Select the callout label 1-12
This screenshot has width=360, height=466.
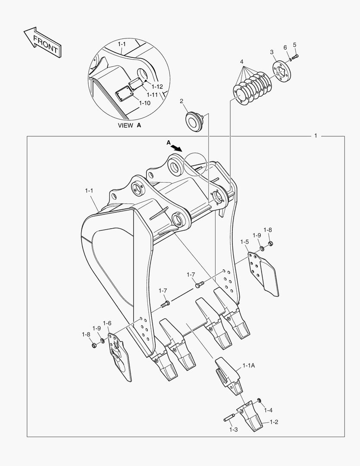tap(157, 86)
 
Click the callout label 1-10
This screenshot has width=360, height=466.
tap(144, 103)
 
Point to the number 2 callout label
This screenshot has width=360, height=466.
tap(182, 101)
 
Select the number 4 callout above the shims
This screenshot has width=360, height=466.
tap(242, 62)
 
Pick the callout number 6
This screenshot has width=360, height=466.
tap(285, 47)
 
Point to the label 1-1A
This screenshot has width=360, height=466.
tap(248, 365)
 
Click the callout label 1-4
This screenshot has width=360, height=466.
tap(268, 410)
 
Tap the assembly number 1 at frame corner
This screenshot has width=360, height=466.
tap(316, 135)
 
